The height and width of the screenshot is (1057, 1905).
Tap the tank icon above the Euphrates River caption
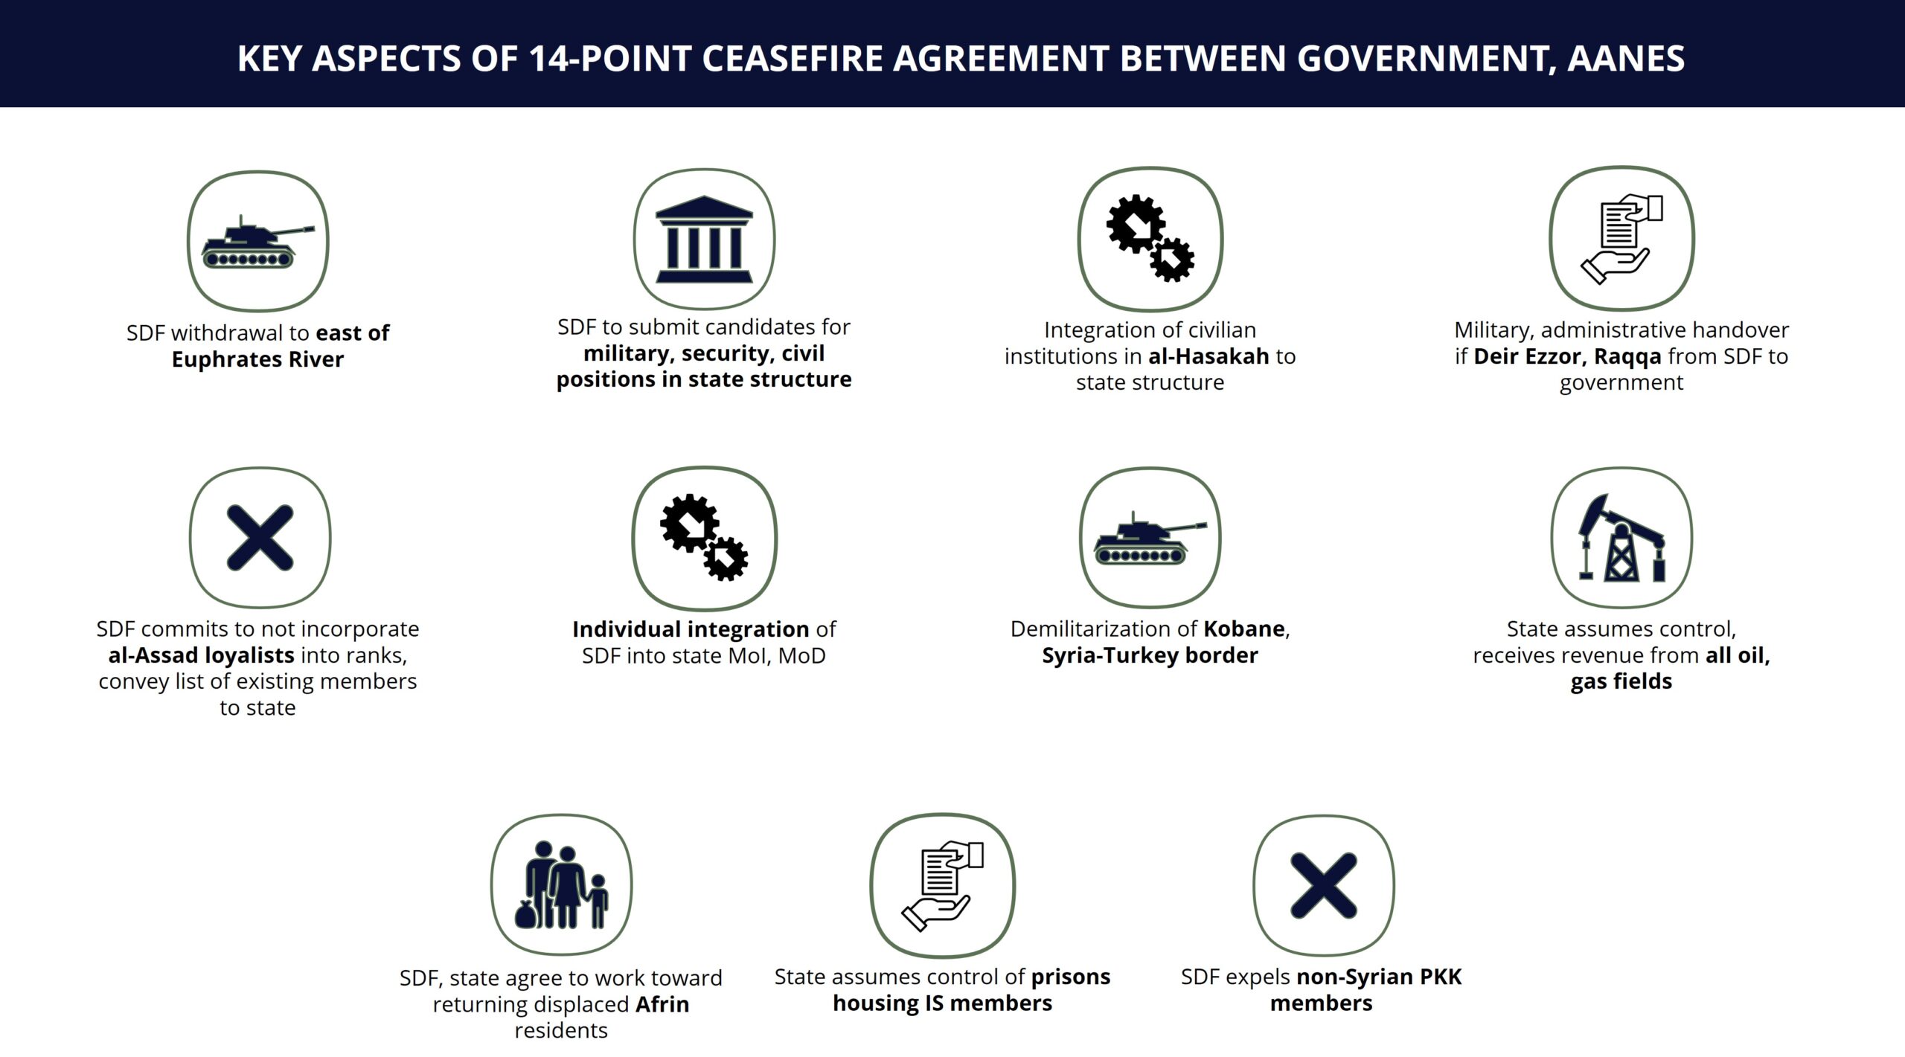[x=257, y=242]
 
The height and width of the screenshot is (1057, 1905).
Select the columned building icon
[x=704, y=239]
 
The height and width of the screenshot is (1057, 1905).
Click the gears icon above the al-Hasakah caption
[x=1150, y=239]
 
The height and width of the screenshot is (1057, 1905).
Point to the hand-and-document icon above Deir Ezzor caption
[x=1621, y=238]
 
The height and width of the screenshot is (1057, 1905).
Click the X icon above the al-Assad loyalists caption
[x=260, y=538]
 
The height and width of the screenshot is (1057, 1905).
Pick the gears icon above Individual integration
[x=704, y=538]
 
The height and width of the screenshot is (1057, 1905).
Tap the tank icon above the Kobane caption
[x=1150, y=538]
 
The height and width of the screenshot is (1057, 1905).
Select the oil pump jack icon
[x=1621, y=538]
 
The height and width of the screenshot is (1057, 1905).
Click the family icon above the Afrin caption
[x=561, y=885]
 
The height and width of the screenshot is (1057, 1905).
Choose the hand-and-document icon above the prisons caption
[x=942, y=885]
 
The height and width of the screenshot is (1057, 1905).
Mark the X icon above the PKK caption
[x=1323, y=885]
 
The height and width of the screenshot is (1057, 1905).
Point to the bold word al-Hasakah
[x=1208, y=356]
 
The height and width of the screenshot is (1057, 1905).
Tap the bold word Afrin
[x=662, y=1004]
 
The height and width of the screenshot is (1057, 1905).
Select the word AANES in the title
[x=1626, y=59]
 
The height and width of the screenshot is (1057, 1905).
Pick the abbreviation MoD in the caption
[x=801, y=656]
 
